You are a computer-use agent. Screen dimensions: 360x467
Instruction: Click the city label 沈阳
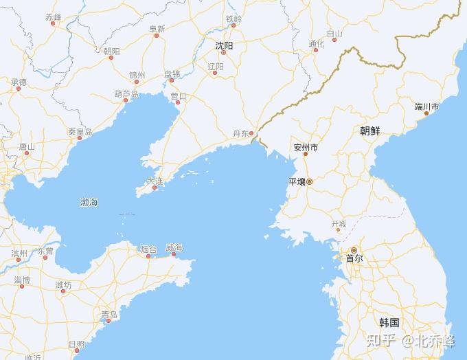click(224, 45)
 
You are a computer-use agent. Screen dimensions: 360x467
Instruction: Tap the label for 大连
click(155, 181)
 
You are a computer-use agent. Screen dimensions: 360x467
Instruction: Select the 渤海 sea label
click(89, 202)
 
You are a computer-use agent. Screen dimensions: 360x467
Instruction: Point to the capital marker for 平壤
click(309, 181)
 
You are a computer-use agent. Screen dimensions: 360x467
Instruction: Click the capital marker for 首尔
click(354, 250)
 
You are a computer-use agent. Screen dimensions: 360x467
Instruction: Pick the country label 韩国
click(389, 322)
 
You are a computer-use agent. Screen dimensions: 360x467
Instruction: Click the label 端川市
click(426, 106)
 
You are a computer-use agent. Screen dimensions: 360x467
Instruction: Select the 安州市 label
click(306, 147)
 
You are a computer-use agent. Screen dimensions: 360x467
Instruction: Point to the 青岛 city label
click(109, 315)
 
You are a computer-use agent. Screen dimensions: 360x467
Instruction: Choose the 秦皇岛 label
click(80, 131)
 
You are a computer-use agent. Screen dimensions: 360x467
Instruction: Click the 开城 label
click(339, 224)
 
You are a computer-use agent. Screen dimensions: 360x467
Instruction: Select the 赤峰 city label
click(53, 16)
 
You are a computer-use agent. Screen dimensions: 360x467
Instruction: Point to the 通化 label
click(316, 44)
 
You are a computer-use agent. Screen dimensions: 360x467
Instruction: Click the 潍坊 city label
click(63, 284)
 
